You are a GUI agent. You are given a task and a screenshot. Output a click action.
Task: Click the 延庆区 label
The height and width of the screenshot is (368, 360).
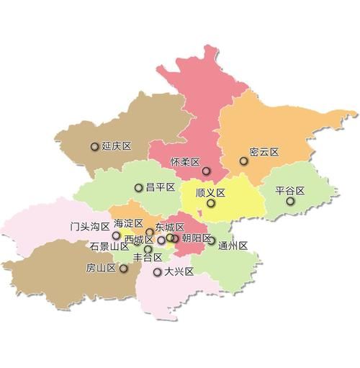[x=117, y=146]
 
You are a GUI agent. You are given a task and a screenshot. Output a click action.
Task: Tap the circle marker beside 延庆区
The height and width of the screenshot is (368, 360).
[x=94, y=147]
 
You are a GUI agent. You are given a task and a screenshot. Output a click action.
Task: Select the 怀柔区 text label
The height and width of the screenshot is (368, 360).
[x=184, y=161]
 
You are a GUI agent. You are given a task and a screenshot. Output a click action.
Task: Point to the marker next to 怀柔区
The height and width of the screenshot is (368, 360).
[x=206, y=171]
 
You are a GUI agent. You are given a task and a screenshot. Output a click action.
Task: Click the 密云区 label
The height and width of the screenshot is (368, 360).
[x=264, y=153]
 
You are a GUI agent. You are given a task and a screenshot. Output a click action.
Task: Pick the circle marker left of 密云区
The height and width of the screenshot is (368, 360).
[x=243, y=161]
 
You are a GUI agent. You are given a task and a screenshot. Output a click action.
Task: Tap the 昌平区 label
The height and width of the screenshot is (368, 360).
[x=161, y=187]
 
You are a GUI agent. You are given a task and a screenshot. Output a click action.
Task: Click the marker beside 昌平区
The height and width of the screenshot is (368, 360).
[x=138, y=188]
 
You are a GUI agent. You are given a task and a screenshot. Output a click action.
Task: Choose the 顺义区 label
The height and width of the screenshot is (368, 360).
[x=211, y=192]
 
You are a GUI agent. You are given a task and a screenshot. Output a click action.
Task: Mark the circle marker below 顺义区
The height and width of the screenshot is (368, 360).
[x=210, y=204]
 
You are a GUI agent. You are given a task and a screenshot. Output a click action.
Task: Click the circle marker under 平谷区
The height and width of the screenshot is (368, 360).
[x=290, y=202]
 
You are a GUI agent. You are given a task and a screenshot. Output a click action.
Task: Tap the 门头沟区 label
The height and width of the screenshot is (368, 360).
[x=90, y=225]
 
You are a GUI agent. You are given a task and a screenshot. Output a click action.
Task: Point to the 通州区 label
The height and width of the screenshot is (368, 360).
[x=233, y=245]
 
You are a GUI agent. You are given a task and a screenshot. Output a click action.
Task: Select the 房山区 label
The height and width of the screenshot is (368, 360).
[x=102, y=268]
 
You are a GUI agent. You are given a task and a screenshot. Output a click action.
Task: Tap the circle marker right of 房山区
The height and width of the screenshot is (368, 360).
[x=124, y=269]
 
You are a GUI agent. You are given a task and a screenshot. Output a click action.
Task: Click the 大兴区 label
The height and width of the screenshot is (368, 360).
[x=179, y=272]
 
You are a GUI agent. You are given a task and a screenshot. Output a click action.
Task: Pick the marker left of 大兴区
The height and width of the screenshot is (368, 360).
[x=158, y=272]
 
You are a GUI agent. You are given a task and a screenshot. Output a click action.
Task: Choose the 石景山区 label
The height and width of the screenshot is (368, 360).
[x=109, y=246]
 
